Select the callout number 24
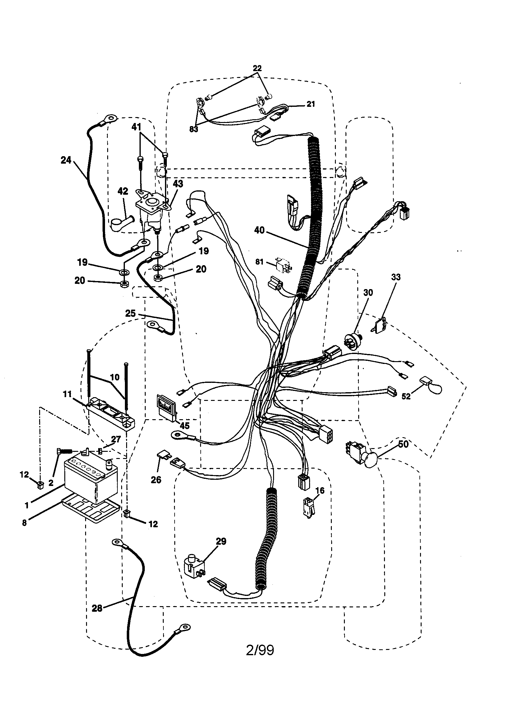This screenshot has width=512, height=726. pos(66,160)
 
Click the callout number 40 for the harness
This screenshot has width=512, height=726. pos(259,230)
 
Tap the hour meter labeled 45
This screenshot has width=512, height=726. pos(166,406)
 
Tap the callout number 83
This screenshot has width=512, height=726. pos(194,129)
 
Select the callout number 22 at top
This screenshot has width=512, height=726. pos(257,68)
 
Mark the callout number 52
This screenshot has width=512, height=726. pos(406,397)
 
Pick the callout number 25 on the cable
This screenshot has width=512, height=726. pos(130,313)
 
